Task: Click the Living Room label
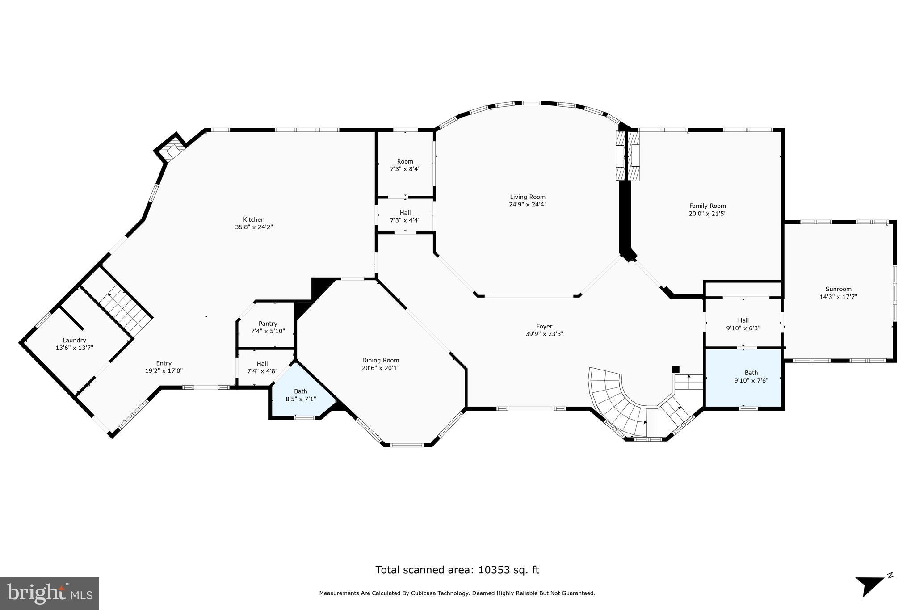coord(528,197)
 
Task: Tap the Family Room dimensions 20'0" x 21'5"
coord(707,214)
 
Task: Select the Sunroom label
coord(838,289)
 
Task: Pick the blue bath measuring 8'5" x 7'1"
coord(301,395)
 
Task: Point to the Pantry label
coord(268,324)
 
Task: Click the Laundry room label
coord(74,340)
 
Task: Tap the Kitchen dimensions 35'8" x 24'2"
coord(254,227)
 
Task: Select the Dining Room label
coord(380,360)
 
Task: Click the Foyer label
coord(544,326)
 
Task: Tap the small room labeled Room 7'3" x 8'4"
coord(405,165)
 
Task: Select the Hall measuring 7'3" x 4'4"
coord(405,216)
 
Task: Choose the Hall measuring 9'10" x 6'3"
coord(743,324)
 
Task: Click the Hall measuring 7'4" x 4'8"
coord(262,367)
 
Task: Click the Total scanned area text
coord(457,570)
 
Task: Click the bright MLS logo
coord(50,593)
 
